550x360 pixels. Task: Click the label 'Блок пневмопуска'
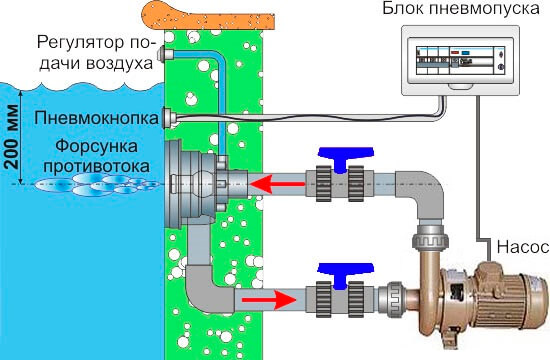tap(461, 9)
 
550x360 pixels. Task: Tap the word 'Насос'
tap(523, 247)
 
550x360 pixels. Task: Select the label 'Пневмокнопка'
tap(96, 118)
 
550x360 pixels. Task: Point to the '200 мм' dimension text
tap(12, 136)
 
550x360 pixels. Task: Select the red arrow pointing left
tap(277, 184)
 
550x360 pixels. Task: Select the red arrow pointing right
tap(269, 300)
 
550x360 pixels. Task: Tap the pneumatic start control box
tap(460, 60)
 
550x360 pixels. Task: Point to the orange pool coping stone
tap(208, 16)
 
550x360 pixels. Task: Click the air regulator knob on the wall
tap(162, 54)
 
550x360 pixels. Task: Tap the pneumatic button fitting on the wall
tap(167, 118)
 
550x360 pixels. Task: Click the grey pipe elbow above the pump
tap(422, 194)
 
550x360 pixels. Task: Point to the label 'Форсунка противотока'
tap(96, 156)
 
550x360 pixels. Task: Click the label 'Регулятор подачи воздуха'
tap(96, 53)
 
